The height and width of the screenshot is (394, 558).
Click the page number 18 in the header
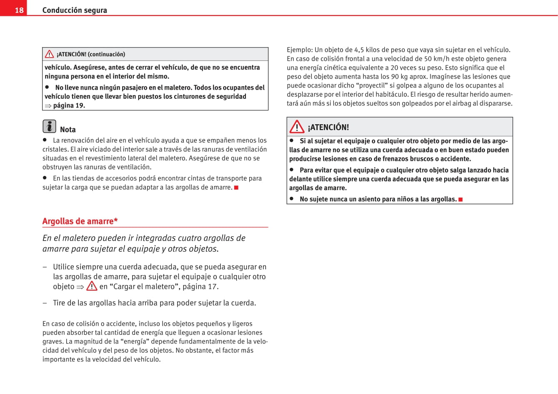pos(19,10)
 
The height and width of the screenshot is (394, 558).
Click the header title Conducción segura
pos(75,10)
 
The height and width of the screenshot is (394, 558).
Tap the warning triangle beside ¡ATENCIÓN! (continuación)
pos(50,54)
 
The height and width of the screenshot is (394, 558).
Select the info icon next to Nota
pos(49,126)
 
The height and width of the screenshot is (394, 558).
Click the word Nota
pos(68,130)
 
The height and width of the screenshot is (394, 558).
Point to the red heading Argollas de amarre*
pos(80,221)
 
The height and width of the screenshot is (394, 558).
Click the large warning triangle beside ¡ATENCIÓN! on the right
pos(297,127)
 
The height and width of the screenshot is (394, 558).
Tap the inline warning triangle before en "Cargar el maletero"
pos(92,286)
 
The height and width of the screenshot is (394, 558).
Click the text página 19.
pos(69,105)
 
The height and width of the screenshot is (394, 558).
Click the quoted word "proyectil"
pos(372,85)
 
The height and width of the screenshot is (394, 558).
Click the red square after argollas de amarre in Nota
pos(236,188)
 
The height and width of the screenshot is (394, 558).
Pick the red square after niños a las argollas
pos(460,200)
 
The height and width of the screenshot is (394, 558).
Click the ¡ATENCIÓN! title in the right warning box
pos(328,127)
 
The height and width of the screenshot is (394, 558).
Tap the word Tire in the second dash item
pos(60,303)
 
